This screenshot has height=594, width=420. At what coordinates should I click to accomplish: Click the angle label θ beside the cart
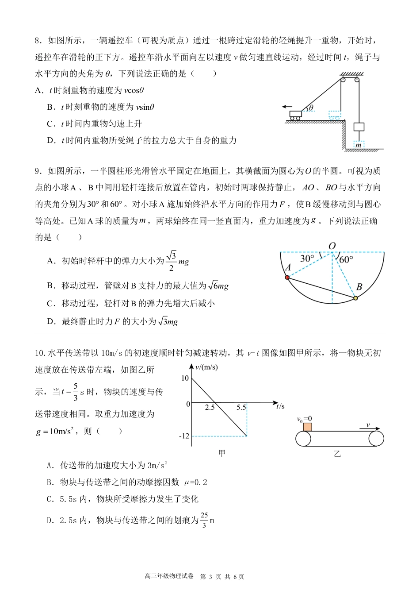point(311,108)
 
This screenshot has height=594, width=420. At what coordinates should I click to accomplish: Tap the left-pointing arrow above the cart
point(287,107)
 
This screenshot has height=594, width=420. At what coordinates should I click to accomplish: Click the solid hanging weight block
point(359,127)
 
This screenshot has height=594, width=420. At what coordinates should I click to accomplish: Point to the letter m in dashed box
point(359,145)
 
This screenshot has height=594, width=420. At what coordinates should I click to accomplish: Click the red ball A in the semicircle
point(287,278)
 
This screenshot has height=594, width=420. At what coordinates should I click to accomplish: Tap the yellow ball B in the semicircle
point(355,298)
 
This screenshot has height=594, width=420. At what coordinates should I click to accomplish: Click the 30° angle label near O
point(307,258)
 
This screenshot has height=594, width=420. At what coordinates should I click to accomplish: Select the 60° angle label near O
point(346,259)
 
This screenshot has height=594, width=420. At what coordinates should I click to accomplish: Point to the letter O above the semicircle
point(332,246)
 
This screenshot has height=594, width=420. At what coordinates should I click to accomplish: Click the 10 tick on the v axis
point(185,378)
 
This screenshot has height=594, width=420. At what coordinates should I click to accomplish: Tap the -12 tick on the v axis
point(184,436)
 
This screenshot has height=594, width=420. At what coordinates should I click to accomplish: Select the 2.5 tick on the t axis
point(210,407)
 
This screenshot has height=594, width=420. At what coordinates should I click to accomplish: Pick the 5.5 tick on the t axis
point(241,407)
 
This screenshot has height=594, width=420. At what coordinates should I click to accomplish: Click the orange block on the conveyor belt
point(307,427)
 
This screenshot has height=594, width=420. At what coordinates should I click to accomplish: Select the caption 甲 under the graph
point(222,453)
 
